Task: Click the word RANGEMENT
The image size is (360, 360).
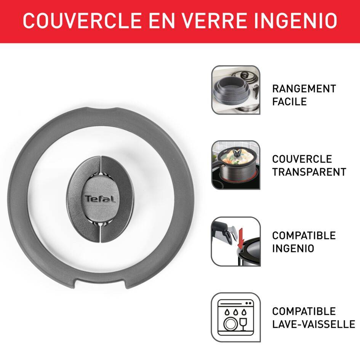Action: [304, 89]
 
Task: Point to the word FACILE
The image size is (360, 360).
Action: [289, 102]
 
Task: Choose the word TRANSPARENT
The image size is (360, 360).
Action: [309, 172]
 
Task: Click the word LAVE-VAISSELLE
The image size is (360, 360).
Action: [313, 324]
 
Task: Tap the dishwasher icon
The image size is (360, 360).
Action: [235, 317]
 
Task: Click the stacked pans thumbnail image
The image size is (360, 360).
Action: [235, 90]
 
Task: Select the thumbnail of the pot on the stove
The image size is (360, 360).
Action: [235, 165]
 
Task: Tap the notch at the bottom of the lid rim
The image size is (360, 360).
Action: [101, 282]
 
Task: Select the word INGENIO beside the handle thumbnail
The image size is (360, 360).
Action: [293, 248]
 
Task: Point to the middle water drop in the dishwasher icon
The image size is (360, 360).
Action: [235, 312]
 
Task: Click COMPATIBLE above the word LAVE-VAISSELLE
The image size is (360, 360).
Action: [304, 311]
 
